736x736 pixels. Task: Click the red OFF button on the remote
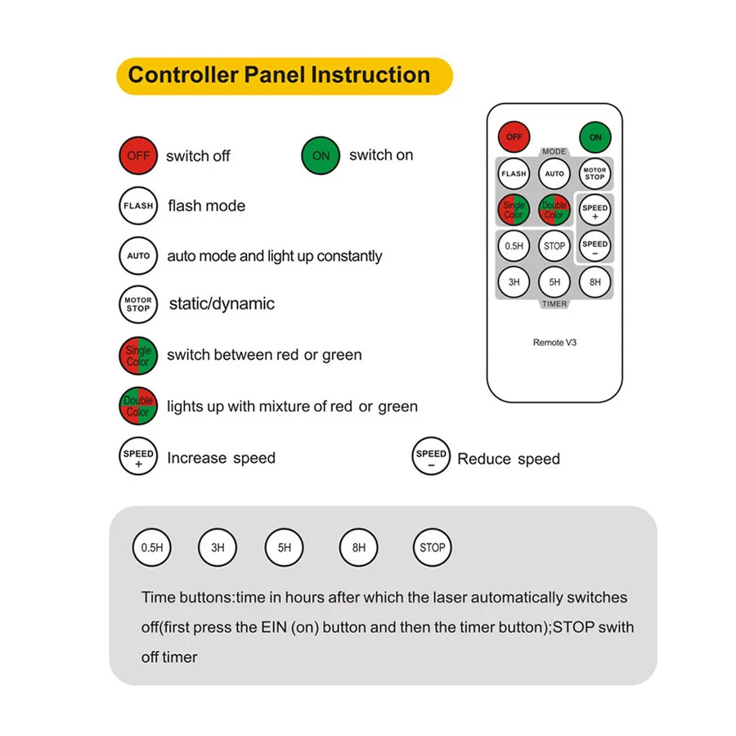tap(514, 137)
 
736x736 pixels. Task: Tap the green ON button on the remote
tap(595, 137)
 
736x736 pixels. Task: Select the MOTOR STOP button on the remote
tap(595, 173)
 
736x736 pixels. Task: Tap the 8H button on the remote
tap(595, 282)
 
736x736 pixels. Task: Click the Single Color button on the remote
tap(514, 210)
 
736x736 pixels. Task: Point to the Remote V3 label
tap(554, 343)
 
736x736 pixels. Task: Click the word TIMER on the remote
tap(554, 304)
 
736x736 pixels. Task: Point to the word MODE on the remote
tap(554, 152)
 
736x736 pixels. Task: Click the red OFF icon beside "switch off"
tap(138, 155)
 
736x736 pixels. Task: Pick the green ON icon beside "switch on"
tap(321, 155)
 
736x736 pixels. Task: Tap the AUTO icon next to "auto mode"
tap(138, 256)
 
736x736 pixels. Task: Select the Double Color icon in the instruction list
tap(138, 406)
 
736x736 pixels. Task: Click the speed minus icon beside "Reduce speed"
tap(432, 458)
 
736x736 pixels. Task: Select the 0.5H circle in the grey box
tap(152, 548)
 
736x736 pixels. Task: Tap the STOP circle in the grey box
tap(432, 548)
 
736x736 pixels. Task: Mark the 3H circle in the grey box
tap(218, 548)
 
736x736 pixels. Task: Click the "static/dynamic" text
tap(222, 304)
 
